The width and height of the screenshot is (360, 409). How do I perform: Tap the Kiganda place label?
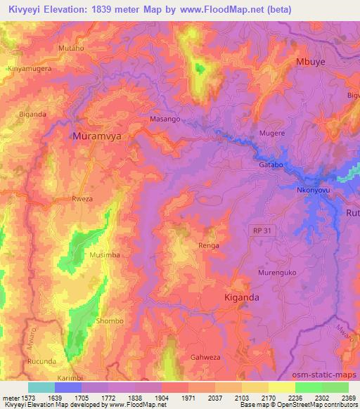(x=241, y=297)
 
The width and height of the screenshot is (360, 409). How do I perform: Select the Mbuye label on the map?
(x=311, y=61)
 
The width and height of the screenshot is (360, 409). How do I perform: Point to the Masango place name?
(x=165, y=119)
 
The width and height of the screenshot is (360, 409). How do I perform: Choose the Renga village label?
(x=209, y=246)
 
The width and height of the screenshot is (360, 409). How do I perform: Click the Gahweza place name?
(x=205, y=357)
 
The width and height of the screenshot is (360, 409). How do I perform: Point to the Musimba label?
(x=103, y=255)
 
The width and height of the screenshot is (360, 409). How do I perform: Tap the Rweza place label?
(x=82, y=199)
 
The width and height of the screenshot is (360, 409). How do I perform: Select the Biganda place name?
(x=33, y=113)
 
